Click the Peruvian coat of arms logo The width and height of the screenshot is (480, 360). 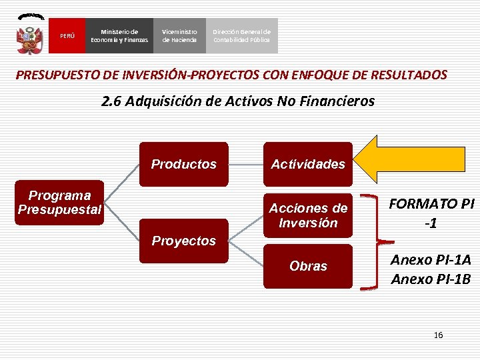point(31,34)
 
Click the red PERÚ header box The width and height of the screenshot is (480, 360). point(67,35)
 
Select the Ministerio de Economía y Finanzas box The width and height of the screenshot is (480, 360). point(119,35)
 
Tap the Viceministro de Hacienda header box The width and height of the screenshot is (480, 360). point(179,35)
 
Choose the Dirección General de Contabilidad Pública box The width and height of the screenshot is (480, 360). point(241,35)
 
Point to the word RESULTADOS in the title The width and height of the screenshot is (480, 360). point(408,75)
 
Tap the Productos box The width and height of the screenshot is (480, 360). point(184,164)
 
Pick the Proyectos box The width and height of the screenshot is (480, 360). point(184,240)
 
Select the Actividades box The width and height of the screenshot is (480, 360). point(308,164)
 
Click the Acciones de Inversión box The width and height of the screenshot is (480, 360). point(308,215)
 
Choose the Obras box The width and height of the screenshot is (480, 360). point(308,266)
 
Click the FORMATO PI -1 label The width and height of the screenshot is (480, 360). point(431,213)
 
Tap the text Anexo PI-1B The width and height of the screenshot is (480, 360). point(430,279)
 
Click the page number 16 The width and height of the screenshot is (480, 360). point(438,335)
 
